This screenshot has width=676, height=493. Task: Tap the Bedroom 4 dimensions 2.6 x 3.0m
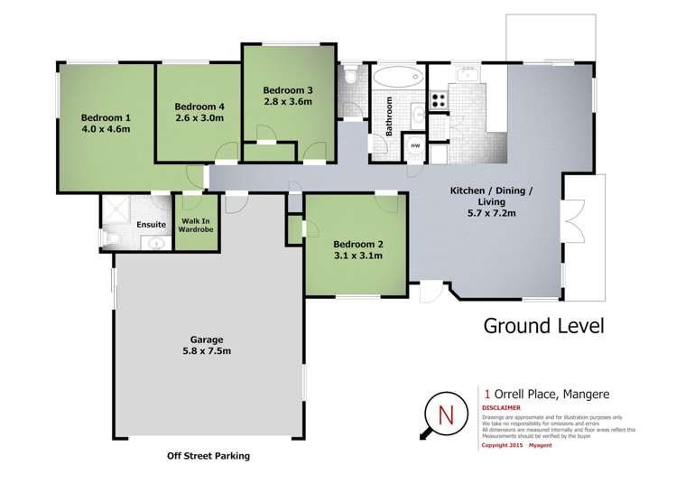pyautogui.click(x=198, y=117)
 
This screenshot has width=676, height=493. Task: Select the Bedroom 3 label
pyautogui.click(x=287, y=90)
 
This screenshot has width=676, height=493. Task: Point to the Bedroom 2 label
pyautogui.click(x=358, y=244)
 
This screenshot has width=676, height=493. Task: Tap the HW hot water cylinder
pyautogui.click(x=415, y=146)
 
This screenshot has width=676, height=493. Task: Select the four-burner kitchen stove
pyautogui.click(x=440, y=99)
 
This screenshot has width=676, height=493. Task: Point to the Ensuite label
pyautogui.click(x=150, y=224)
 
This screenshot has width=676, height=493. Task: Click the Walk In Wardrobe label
pyautogui.click(x=195, y=225)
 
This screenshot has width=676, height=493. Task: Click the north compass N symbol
pyautogui.click(x=444, y=415)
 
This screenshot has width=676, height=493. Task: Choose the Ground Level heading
pyautogui.click(x=544, y=325)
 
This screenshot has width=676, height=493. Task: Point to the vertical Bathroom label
pyautogui.click(x=390, y=116)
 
